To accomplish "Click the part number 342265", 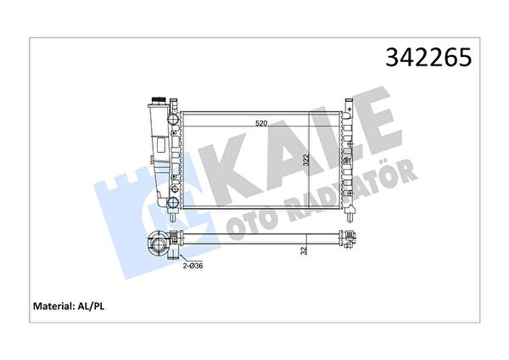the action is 428,58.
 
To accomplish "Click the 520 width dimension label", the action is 261,123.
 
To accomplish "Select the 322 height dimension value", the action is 305,160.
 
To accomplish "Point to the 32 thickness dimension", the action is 305,250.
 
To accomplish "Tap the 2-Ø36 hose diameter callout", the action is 193,266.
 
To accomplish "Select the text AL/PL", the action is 92,307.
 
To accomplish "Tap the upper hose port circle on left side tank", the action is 174,119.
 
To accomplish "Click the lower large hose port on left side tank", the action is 173,202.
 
